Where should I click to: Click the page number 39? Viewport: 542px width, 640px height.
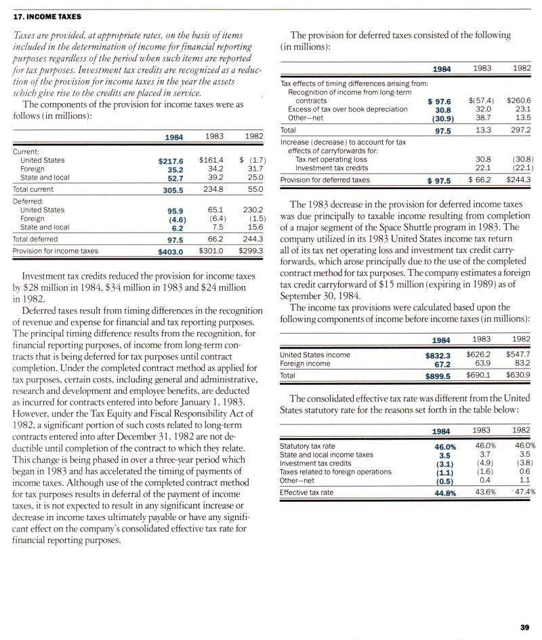[524, 627]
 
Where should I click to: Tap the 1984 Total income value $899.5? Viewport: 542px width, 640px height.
[438, 375]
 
